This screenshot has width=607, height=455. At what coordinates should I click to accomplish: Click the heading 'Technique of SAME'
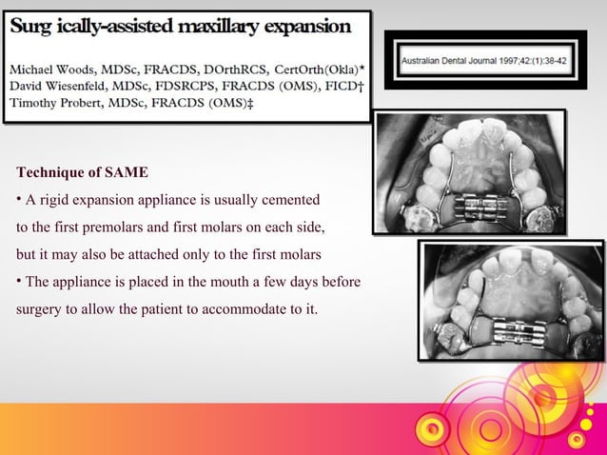pos(83,172)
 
